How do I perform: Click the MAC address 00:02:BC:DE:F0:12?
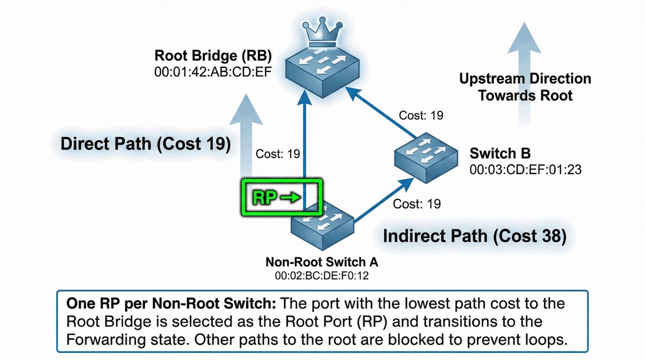tap(322, 276)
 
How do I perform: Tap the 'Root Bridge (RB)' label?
tap(213, 55)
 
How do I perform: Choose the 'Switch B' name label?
tap(500, 154)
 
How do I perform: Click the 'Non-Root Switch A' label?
tap(322, 263)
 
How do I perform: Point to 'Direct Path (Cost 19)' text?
tap(146, 144)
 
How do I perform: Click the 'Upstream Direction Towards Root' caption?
tap(525, 87)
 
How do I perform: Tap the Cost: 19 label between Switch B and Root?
tap(420, 114)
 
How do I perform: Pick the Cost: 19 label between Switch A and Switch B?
tap(417, 204)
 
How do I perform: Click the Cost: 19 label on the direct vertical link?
tap(277, 154)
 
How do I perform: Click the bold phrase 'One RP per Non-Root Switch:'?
tap(171, 304)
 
